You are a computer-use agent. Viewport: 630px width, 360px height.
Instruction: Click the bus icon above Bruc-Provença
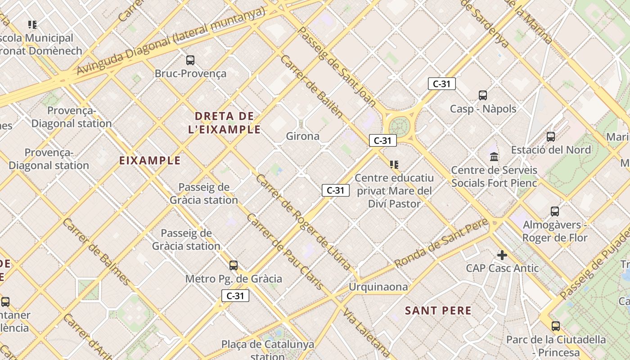point(190,60)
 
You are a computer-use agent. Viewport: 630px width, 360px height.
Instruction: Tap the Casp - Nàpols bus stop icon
point(483,95)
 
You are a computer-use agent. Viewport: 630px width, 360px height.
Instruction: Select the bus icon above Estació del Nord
point(551,137)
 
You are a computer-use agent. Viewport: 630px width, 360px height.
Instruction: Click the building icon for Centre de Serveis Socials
point(494,157)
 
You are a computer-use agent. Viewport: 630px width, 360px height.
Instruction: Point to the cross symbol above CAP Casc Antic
point(502,256)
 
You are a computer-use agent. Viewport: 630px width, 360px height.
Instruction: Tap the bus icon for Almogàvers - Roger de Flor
point(555,211)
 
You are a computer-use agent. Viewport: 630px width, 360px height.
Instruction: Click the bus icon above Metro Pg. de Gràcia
point(233,265)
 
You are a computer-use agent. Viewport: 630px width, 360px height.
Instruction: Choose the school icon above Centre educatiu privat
point(394,165)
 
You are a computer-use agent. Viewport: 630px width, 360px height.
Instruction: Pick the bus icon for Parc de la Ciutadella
point(556,326)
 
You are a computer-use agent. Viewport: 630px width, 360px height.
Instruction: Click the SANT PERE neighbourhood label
point(438,310)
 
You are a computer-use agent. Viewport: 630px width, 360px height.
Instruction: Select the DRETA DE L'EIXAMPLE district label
point(225,123)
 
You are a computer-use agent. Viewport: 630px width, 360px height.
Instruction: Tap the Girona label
point(303,136)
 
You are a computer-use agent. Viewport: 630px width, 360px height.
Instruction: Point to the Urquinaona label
point(378,287)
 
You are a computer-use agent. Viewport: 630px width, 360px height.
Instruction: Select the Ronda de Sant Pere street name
point(441,243)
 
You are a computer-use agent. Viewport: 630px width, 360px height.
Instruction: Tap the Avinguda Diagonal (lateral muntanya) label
point(171,41)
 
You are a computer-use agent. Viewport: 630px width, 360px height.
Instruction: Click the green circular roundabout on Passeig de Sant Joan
point(399,125)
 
